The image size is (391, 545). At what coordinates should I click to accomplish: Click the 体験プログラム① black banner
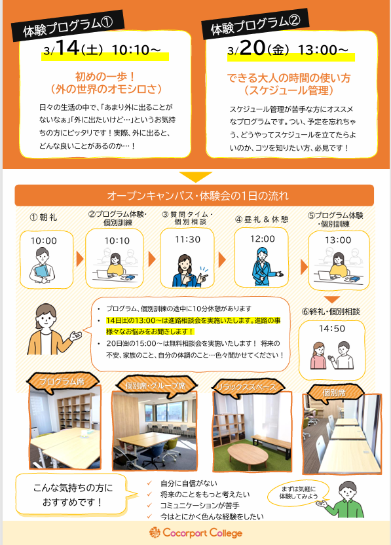coord(67,26)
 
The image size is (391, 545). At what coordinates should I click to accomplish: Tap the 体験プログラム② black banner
coord(255,24)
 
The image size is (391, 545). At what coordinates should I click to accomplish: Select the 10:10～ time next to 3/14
coord(136,50)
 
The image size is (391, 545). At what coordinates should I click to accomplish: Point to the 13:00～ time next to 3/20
coord(323,50)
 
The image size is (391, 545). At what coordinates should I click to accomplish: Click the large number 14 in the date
coord(67,48)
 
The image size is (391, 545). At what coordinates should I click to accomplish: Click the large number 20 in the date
coord(253,48)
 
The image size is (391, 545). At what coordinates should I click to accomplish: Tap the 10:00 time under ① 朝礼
coord(44,240)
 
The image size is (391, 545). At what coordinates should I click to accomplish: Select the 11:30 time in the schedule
coord(188,240)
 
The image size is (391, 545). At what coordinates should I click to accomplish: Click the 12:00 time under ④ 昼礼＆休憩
coord(263,239)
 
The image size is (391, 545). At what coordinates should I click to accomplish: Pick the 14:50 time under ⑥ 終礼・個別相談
coord(332,328)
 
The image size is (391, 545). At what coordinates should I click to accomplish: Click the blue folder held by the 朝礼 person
coord(42,271)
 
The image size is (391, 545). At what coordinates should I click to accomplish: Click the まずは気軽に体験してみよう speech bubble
coord(298,493)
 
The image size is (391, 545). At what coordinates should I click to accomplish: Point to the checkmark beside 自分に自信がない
coord(149,483)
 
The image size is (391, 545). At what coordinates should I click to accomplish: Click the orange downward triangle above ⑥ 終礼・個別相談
coord(331,299)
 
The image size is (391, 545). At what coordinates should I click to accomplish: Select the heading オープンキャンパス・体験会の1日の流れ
coord(198,196)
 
